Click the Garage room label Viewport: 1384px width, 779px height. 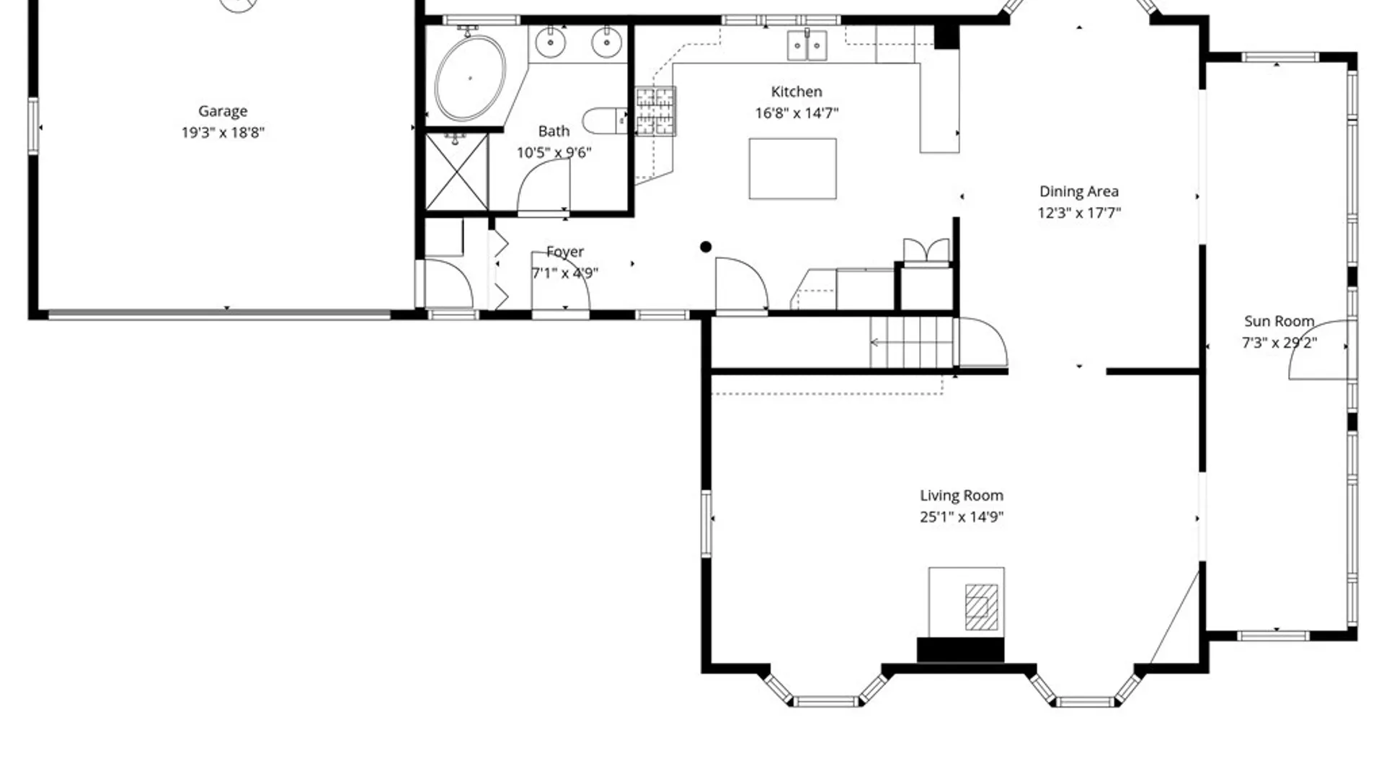(223, 111)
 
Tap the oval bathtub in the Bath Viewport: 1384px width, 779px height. (470, 78)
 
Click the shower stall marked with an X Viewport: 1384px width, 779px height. (457, 172)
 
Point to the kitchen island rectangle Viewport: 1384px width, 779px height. (792, 169)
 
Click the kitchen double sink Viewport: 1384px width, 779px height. (807, 45)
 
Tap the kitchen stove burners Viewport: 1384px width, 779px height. (655, 111)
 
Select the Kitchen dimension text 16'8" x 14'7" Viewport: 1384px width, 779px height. (797, 113)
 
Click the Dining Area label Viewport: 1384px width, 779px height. (1079, 191)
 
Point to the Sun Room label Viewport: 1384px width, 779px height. (1279, 321)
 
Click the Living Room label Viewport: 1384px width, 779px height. (962, 496)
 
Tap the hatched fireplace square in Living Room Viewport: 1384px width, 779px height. (981, 607)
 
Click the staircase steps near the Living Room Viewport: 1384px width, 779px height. (912, 343)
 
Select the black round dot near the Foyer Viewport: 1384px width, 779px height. (706, 247)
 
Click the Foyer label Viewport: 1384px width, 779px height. (565, 252)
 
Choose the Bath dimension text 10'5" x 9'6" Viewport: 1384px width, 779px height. (554, 153)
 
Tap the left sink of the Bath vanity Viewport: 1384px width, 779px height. (551, 43)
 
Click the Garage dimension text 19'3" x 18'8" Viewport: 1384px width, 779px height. (223, 133)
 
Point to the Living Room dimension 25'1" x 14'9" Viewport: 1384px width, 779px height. (962, 517)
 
